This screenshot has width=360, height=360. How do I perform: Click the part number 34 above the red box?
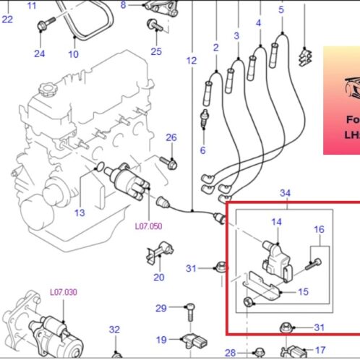point(285,193)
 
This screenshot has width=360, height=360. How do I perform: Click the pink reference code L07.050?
point(148,226)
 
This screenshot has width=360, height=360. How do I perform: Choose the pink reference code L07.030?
point(63,292)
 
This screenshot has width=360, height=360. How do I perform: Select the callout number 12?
point(191,61)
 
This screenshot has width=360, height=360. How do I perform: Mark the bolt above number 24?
point(42,26)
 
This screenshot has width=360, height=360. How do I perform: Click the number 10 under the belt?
point(73,53)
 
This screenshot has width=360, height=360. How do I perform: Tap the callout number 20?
point(158,277)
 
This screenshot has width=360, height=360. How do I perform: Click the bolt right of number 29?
point(189,309)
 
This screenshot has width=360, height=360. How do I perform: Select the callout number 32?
point(113,330)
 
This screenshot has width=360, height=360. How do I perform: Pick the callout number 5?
point(281,9)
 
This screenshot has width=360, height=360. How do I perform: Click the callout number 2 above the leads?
point(215,47)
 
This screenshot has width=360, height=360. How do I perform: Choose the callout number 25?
point(156,51)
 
